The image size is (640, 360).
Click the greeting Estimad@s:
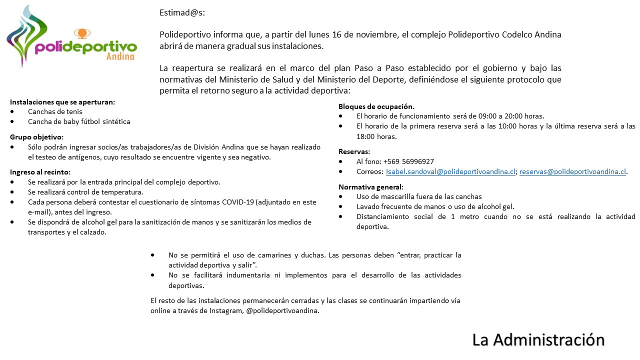click(182, 13)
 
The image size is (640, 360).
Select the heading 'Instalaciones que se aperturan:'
click(62, 101)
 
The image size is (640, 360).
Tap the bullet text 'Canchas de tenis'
click(55, 111)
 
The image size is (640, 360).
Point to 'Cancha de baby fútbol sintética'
click(79, 121)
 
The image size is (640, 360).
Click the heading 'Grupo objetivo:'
click(37, 137)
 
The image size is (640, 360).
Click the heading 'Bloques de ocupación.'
click(376, 106)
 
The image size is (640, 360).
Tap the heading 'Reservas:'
click(354, 151)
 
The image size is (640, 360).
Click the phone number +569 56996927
click(409, 161)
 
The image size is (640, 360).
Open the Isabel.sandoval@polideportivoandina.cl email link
click(450, 171)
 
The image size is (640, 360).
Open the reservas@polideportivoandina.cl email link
click(572, 171)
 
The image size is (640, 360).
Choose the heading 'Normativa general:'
click(370, 187)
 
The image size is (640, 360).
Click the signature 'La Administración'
click(538, 339)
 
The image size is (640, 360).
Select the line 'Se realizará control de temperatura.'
click(85, 192)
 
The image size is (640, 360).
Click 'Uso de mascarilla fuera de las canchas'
click(419, 196)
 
